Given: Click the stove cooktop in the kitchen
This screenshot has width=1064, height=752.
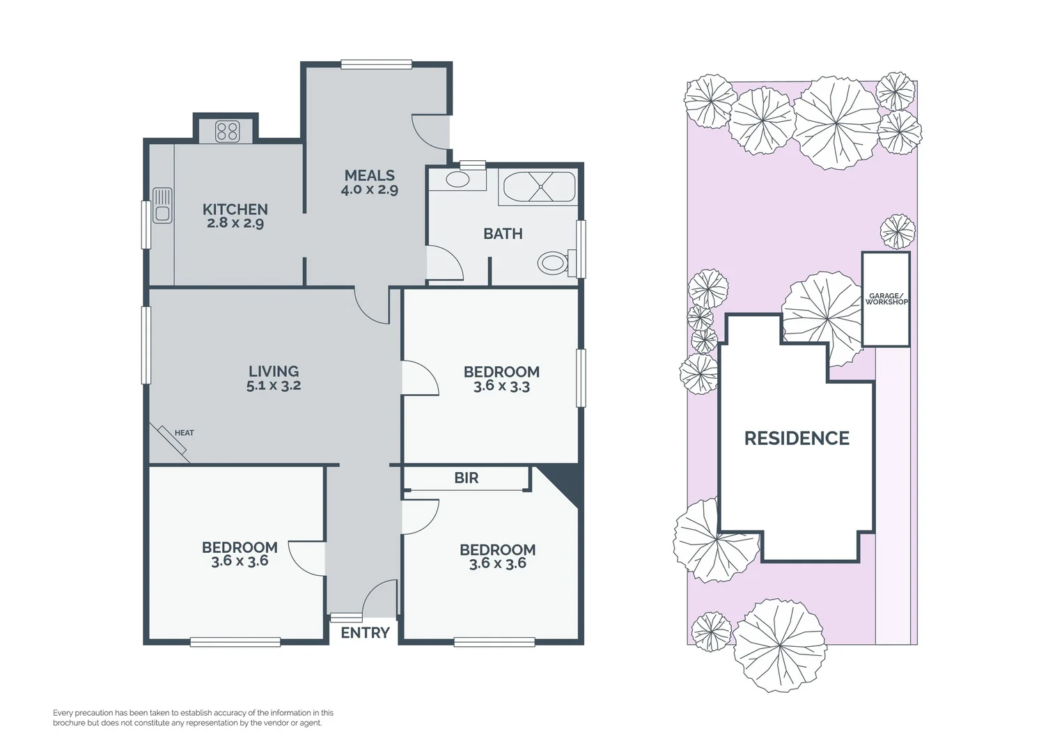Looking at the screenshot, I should tap(227, 131).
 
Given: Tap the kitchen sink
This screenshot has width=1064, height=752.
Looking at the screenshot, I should tap(162, 205).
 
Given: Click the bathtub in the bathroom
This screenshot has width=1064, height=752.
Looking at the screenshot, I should tap(540, 187).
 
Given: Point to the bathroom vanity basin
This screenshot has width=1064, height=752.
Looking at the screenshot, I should tap(457, 180).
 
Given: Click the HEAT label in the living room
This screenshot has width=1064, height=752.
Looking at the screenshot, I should tap(184, 433).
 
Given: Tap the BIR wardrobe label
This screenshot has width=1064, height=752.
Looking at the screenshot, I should tap(466, 478).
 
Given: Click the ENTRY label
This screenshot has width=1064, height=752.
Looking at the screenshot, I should tap(365, 633).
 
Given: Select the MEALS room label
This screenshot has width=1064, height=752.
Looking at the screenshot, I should tap(369, 175).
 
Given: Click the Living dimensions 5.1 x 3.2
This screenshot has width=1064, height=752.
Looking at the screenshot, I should tap(274, 386).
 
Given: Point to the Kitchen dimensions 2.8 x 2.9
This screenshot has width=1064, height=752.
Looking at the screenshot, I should tap(235, 224).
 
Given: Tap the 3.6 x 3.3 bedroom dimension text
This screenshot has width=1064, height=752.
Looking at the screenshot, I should tap(501, 386).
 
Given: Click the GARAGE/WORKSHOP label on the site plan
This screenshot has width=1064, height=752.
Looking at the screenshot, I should tap(886, 299).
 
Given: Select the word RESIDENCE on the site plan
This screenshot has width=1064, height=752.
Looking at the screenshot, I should tap(797, 438).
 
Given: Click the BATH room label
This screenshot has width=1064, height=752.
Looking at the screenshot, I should tap(503, 234).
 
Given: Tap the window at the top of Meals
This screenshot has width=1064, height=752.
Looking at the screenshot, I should tap(376, 65).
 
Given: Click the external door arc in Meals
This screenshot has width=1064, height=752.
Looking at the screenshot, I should tap(430, 132).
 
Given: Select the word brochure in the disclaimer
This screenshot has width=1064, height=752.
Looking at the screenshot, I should tap(69, 723).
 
